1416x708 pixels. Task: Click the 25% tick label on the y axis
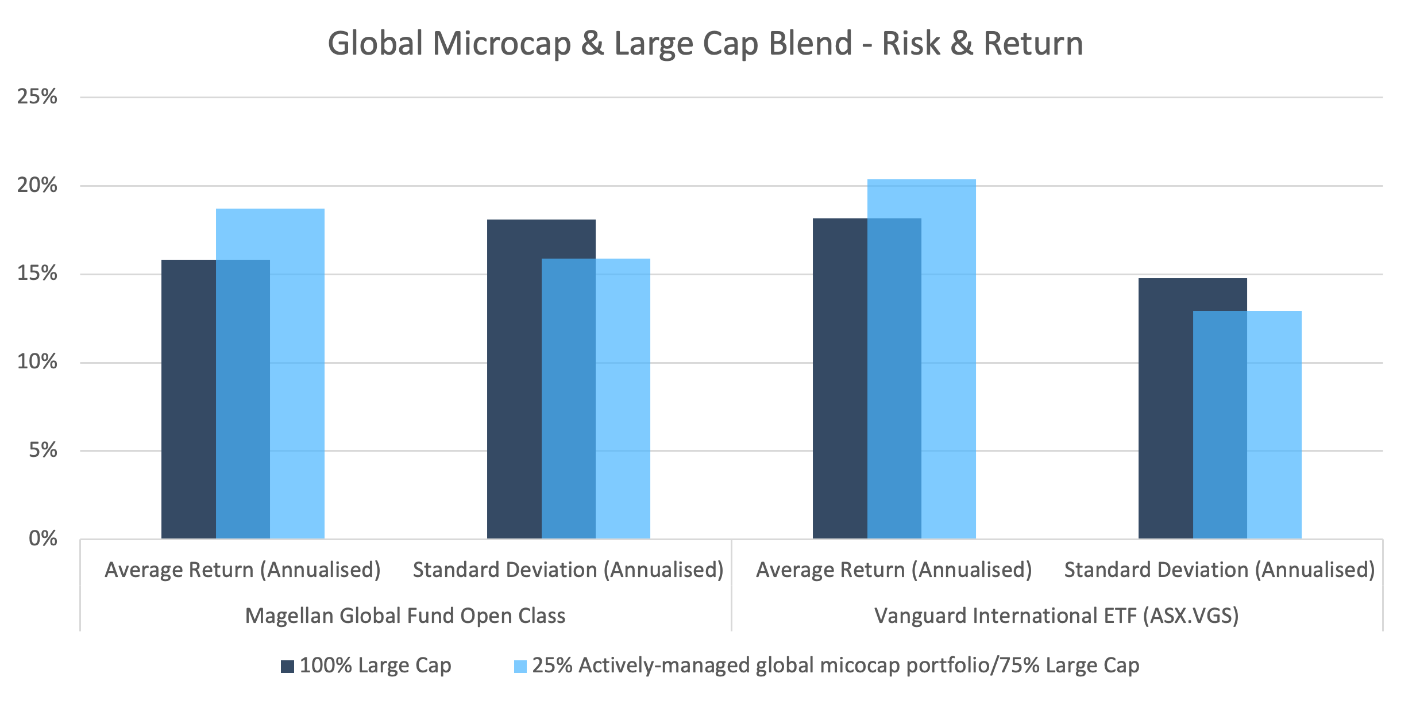pos(37,97)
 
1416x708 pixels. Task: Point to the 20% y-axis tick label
pos(37,185)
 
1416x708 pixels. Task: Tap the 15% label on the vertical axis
pos(37,273)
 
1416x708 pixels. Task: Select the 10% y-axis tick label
pos(37,361)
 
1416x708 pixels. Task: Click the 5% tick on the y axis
pos(43,450)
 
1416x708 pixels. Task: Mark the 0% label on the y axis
pos(43,538)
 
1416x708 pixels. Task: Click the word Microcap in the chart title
pos(501,44)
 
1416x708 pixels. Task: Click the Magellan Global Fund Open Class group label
pos(405,615)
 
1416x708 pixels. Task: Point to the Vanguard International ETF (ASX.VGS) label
pos(1056,615)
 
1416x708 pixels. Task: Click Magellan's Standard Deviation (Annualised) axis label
pos(568,570)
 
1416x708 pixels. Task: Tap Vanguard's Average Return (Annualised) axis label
pos(894,570)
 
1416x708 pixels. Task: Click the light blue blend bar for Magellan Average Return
pos(297,374)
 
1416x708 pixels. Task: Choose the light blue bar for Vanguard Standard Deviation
pos(1274,425)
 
